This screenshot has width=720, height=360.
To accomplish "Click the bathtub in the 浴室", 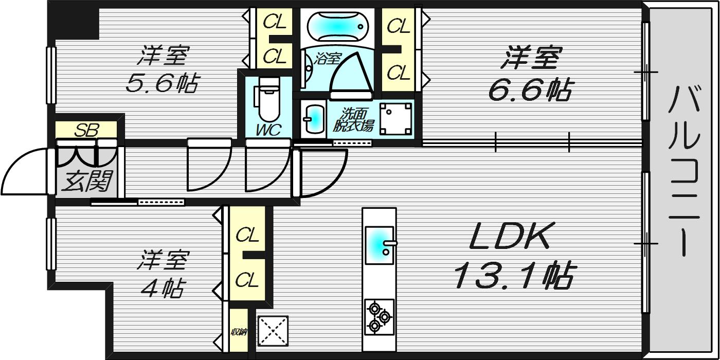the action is coord(338,26).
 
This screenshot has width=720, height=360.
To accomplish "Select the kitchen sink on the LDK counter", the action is coord(380,245).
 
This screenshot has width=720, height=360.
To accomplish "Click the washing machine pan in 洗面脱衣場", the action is coord(395,119).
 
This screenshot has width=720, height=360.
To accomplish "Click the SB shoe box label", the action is coord(86,130).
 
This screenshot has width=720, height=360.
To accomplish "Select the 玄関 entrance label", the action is coord(87,181).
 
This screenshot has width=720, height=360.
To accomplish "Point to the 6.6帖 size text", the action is coord(529,89).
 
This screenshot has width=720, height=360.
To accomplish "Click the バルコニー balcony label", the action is coord(685,171).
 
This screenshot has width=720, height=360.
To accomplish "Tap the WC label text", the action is coord(268,130).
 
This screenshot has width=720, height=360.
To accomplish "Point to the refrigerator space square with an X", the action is coord(273,331).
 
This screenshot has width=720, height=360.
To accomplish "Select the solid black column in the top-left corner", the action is coord(73,20).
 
